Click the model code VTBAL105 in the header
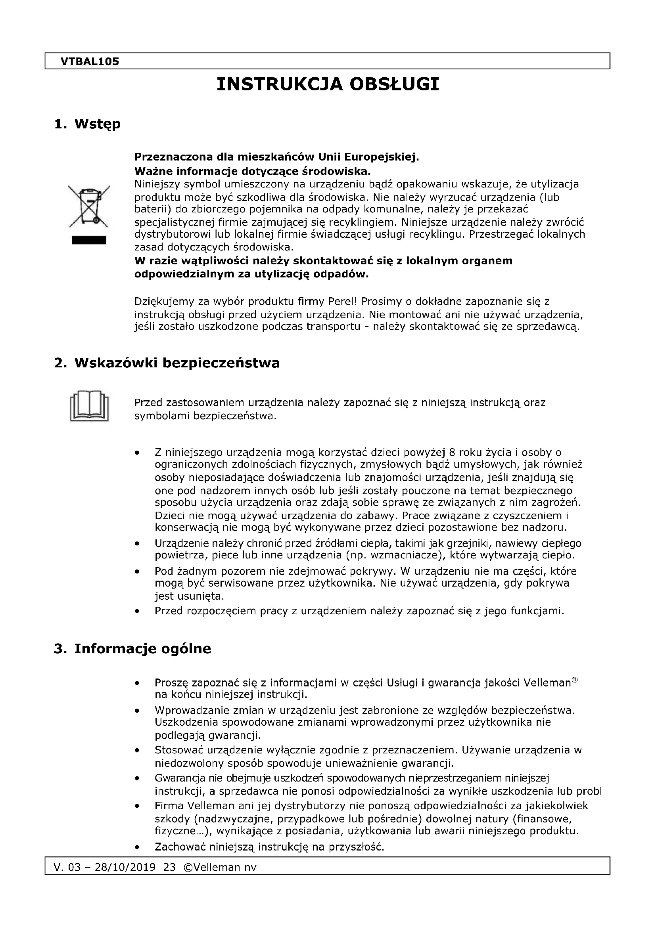click(x=90, y=61)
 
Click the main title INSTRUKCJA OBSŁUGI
click(x=328, y=84)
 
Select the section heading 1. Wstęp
click(x=87, y=124)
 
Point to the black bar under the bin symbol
click(x=89, y=240)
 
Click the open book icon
click(x=89, y=406)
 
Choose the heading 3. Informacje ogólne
click(x=132, y=649)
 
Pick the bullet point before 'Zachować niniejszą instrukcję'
click(x=138, y=847)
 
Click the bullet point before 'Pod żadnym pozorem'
click(x=138, y=572)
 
